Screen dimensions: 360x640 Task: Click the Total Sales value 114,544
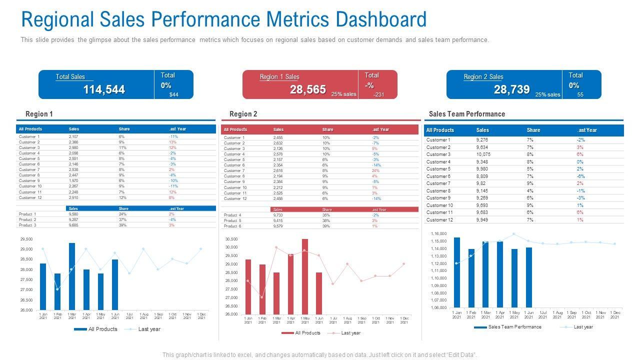pyautogui.click(x=104, y=89)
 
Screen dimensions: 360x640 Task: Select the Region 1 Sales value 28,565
pyautogui.click(x=307, y=89)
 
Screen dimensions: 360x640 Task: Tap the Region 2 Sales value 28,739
pyautogui.click(x=511, y=89)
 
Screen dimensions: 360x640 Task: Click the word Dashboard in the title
pyautogui.click(x=380, y=19)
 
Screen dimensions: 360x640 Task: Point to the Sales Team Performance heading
pyautogui.click(x=467, y=114)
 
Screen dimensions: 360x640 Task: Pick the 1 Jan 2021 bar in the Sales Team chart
pyautogui.click(x=457, y=272)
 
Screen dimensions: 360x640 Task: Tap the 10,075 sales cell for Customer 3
pyautogui.click(x=483, y=154)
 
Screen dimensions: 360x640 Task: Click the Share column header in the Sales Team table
pyautogui.click(x=533, y=130)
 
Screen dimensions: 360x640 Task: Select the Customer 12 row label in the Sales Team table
pyautogui.click(x=439, y=220)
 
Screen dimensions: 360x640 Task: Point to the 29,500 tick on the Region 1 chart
pyautogui.click(x=26, y=239)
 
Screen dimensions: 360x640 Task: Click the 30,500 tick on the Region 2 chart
pyautogui.click(x=231, y=239)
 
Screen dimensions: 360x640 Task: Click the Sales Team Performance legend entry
pyautogui.click(x=514, y=327)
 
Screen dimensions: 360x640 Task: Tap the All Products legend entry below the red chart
pyautogui.click(x=307, y=333)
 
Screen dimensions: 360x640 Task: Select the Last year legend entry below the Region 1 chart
pyautogui.click(x=149, y=329)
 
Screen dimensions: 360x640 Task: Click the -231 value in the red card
pyautogui.click(x=378, y=94)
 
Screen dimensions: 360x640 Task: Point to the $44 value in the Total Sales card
pyautogui.click(x=173, y=94)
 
